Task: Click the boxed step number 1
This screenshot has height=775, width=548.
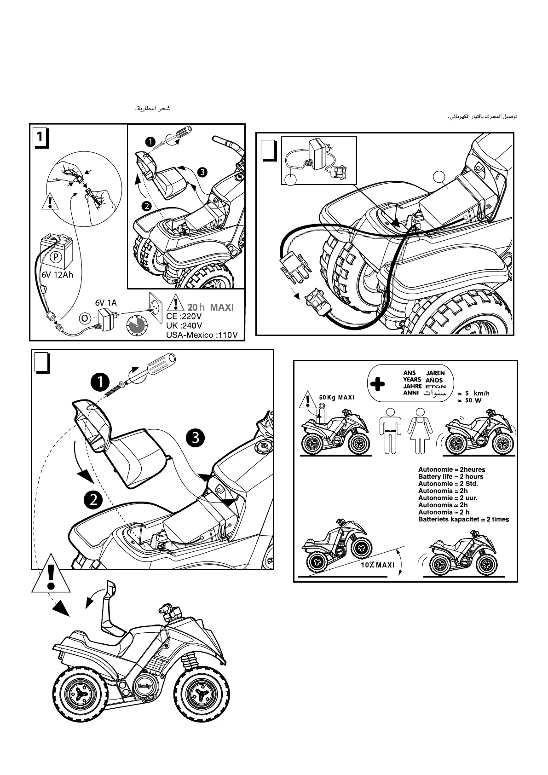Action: pos(40,137)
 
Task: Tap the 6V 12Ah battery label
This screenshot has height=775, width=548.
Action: pos(54,275)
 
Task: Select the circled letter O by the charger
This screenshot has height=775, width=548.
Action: pos(84,318)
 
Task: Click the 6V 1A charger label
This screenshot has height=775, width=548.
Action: pos(106,302)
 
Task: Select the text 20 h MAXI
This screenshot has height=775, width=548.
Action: pos(210,307)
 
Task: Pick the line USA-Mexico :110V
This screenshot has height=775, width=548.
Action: pos(202,335)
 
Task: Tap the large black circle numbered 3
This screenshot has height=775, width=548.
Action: pos(196,437)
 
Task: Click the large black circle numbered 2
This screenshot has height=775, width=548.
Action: pos(93,499)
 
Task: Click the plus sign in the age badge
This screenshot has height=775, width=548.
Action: pos(377,384)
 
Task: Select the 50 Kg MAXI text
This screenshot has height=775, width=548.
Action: pos(337,397)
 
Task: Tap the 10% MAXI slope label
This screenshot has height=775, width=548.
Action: pos(378,565)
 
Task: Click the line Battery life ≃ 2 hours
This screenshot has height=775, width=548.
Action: pos(450,476)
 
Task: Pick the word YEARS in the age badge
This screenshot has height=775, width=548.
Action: pos(412,380)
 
